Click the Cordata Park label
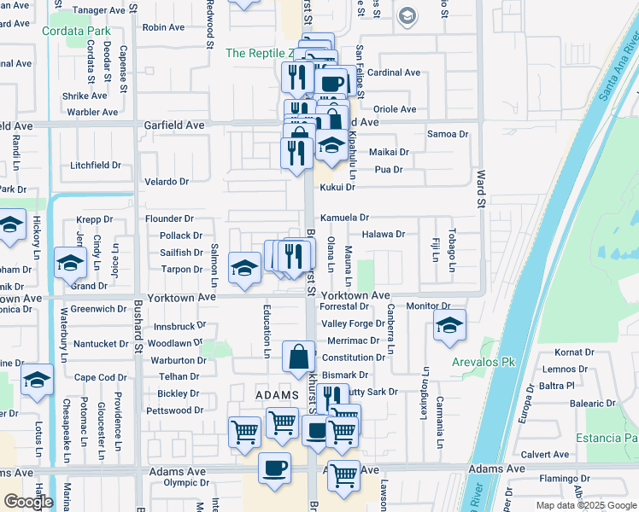76,32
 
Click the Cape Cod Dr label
100,378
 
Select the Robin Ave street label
164,27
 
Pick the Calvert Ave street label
545,455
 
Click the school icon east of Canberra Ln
449,326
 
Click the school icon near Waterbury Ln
70,263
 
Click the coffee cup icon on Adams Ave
275,468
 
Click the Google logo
29,502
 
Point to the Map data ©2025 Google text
586,505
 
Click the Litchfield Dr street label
96,165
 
